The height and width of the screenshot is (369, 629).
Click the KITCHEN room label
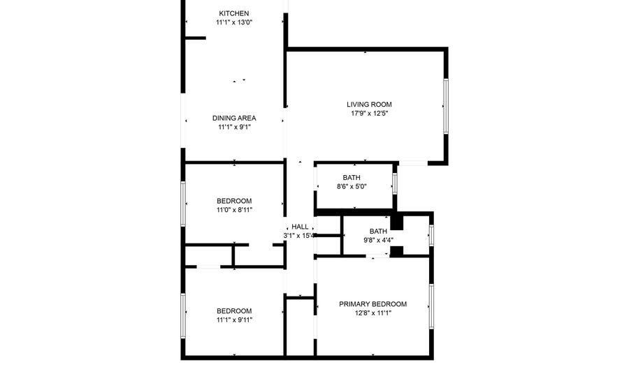pos(234,14)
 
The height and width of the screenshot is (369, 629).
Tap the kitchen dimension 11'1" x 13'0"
pos(234,22)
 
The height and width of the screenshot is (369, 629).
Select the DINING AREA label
pos(234,118)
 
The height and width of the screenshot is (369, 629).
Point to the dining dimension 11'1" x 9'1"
pos(234,127)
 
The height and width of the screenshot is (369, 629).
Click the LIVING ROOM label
pos(369,105)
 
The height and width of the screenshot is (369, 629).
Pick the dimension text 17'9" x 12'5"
pos(370,113)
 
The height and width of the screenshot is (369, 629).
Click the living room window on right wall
pos(446,106)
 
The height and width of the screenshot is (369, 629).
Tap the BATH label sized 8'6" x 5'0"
pos(352,177)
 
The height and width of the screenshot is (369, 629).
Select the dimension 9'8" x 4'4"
pos(378,240)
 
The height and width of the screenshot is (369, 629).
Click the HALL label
pos(300,227)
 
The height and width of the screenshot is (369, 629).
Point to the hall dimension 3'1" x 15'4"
pos(299,236)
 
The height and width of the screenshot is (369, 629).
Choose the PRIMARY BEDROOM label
pos(373,304)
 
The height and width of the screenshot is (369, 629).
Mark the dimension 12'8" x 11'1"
pos(373,313)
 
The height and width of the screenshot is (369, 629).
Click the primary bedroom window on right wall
pos(431,306)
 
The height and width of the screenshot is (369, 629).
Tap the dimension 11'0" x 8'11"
pos(234,210)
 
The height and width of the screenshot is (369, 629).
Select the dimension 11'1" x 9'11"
pos(234,319)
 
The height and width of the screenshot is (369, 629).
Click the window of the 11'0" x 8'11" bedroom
pos(183,204)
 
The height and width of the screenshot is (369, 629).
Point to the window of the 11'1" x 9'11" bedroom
pos(183,316)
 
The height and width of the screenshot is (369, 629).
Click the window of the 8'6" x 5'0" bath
pos(394,183)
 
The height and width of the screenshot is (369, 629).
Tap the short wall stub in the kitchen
pos(196,38)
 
